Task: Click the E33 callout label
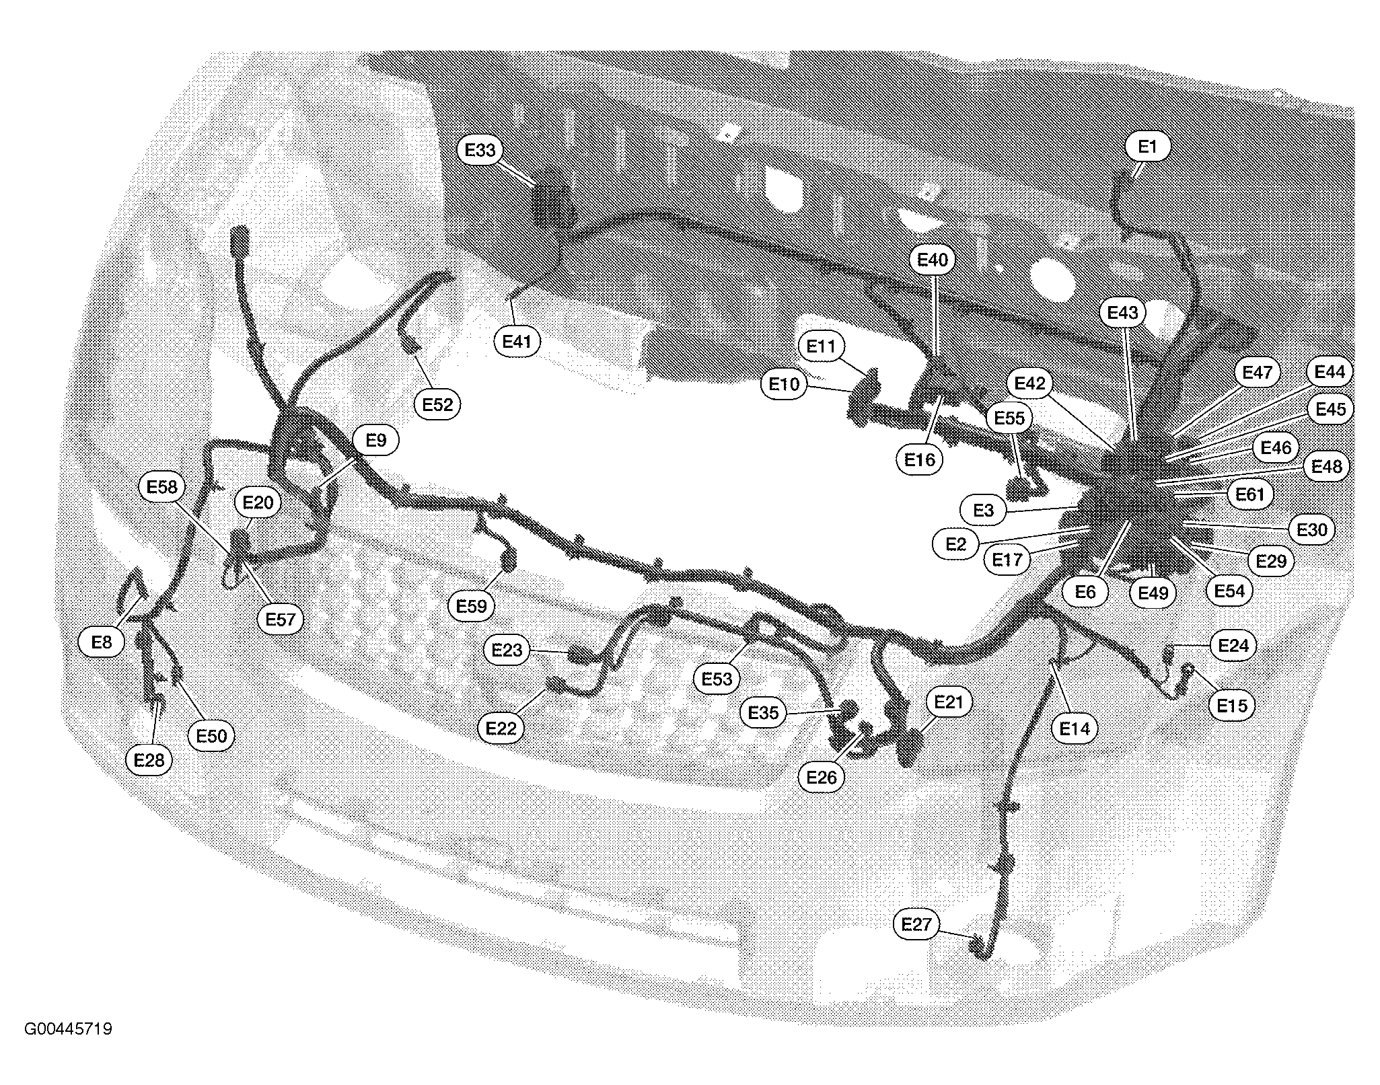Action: click(480, 150)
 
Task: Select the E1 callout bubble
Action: click(1147, 147)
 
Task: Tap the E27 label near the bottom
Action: click(916, 924)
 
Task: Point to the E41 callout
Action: click(517, 342)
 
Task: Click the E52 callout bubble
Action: click(438, 405)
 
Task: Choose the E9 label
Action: click(376, 441)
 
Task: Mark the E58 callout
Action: click(161, 487)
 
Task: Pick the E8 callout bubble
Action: click(102, 642)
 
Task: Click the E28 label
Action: click(149, 761)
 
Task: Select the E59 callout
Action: click(471, 606)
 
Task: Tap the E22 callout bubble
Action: click(502, 728)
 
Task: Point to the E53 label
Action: click(717, 679)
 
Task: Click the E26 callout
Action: click(822, 778)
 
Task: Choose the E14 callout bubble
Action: click(1075, 728)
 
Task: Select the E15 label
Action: click(1233, 706)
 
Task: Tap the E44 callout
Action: click(1330, 372)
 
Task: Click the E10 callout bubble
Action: click(784, 385)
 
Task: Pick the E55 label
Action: click(1009, 418)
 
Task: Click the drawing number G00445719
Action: click(69, 1029)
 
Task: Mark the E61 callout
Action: click(1250, 495)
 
